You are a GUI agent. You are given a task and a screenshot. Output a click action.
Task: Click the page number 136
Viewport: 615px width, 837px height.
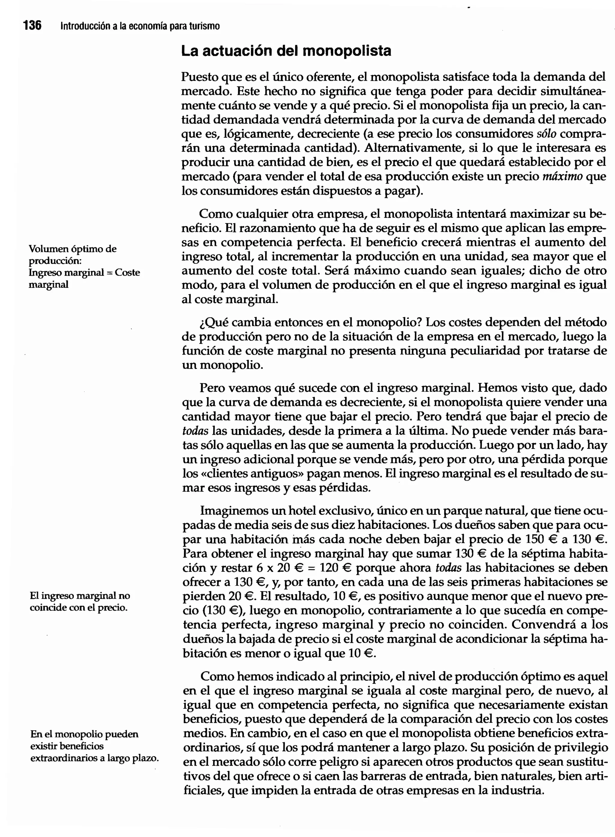coord(32,26)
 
